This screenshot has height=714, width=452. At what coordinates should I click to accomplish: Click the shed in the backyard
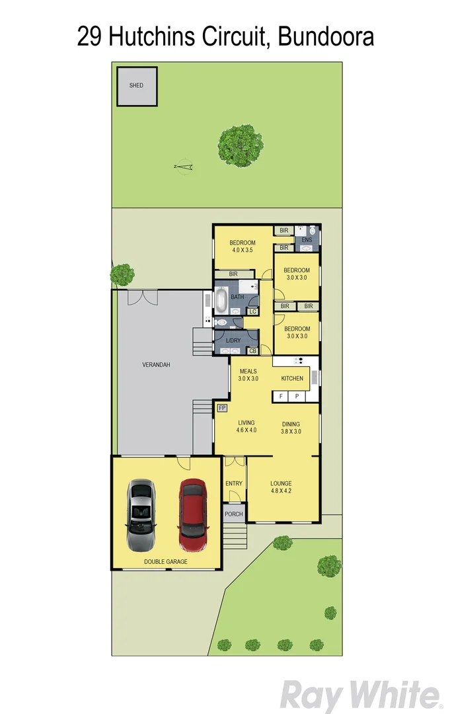click(x=137, y=86)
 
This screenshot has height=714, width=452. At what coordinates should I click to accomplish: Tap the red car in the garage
click(x=192, y=508)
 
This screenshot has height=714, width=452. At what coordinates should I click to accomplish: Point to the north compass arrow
click(x=185, y=167)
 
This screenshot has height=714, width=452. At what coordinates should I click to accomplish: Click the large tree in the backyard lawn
click(x=241, y=145)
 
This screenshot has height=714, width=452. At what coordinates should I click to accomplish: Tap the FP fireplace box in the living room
click(x=222, y=408)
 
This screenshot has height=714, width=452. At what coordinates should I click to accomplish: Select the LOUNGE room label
click(x=281, y=483)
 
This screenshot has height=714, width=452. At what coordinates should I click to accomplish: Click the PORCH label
click(x=234, y=514)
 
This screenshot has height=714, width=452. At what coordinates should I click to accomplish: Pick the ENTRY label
click(x=234, y=483)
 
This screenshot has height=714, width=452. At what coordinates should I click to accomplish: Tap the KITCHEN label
click(x=292, y=378)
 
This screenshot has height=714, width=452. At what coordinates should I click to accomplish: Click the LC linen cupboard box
click(x=252, y=311)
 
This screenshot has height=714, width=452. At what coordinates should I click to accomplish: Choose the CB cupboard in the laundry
click(x=252, y=350)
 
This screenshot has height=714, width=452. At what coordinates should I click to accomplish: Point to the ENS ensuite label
click(x=306, y=239)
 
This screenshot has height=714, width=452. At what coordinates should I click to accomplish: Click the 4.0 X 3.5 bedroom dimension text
click(x=243, y=251)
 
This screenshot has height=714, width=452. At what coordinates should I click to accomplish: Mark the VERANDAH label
click(x=157, y=365)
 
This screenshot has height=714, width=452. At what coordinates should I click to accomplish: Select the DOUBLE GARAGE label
click(x=166, y=561)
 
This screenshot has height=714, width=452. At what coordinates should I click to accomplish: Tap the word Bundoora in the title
click(x=326, y=36)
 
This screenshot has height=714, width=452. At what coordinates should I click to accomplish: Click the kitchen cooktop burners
click(x=298, y=361)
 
